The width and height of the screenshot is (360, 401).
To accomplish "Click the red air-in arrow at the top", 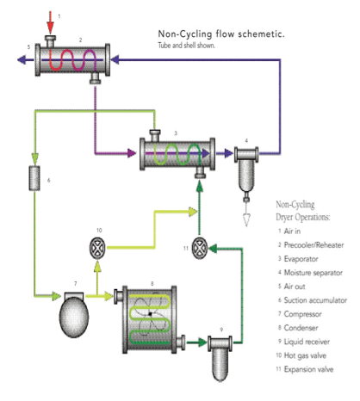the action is (x=51, y=23).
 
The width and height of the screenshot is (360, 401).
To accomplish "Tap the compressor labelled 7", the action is (x=74, y=315).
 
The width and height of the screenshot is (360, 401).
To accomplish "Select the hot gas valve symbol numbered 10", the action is (x=97, y=248).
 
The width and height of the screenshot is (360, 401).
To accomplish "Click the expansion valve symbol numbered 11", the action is (x=200, y=248).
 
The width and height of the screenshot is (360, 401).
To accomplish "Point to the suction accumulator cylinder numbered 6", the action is (x=34, y=178).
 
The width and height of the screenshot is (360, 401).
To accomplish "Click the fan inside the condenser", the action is (x=150, y=314).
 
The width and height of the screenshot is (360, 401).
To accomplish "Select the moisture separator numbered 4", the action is (x=246, y=171).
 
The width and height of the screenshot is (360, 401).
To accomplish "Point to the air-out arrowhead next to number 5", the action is (x=22, y=60).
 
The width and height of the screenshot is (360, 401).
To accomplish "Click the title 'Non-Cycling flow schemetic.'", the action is (x=221, y=34).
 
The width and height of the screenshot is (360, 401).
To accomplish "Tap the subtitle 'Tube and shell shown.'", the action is (x=187, y=46).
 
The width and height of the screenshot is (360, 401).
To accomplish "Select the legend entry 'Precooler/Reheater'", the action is (x=313, y=245).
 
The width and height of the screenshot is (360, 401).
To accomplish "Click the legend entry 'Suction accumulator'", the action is (x=315, y=300).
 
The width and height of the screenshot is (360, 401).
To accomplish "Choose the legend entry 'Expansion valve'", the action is (x=309, y=369).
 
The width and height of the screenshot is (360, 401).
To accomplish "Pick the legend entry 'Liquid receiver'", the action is (x=307, y=342).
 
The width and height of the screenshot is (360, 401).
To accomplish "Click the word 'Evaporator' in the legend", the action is (x=301, y=259).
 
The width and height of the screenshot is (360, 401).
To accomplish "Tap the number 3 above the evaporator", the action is (x=176, y=133).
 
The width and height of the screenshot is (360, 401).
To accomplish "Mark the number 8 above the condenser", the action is (x=152, y=284).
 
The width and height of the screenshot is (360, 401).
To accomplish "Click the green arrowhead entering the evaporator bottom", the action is (x=200, y=187).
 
